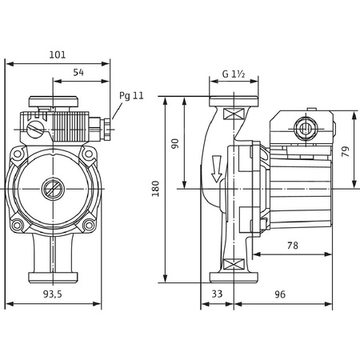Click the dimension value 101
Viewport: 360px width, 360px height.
pos(58,55)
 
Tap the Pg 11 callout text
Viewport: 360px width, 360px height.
pos(131,95)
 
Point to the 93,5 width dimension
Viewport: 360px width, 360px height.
pos(53,294)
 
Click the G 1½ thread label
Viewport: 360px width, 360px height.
pos(233,75)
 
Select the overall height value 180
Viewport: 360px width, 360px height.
pos(156,189)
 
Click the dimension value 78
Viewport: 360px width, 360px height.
pos(292,246)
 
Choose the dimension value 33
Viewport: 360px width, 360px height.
pos(217,294)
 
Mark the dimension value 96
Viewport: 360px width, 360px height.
pos(280,294)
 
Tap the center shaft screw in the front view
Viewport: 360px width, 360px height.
pos(54,190)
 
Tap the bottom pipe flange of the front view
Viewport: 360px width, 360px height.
pos(54,277)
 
